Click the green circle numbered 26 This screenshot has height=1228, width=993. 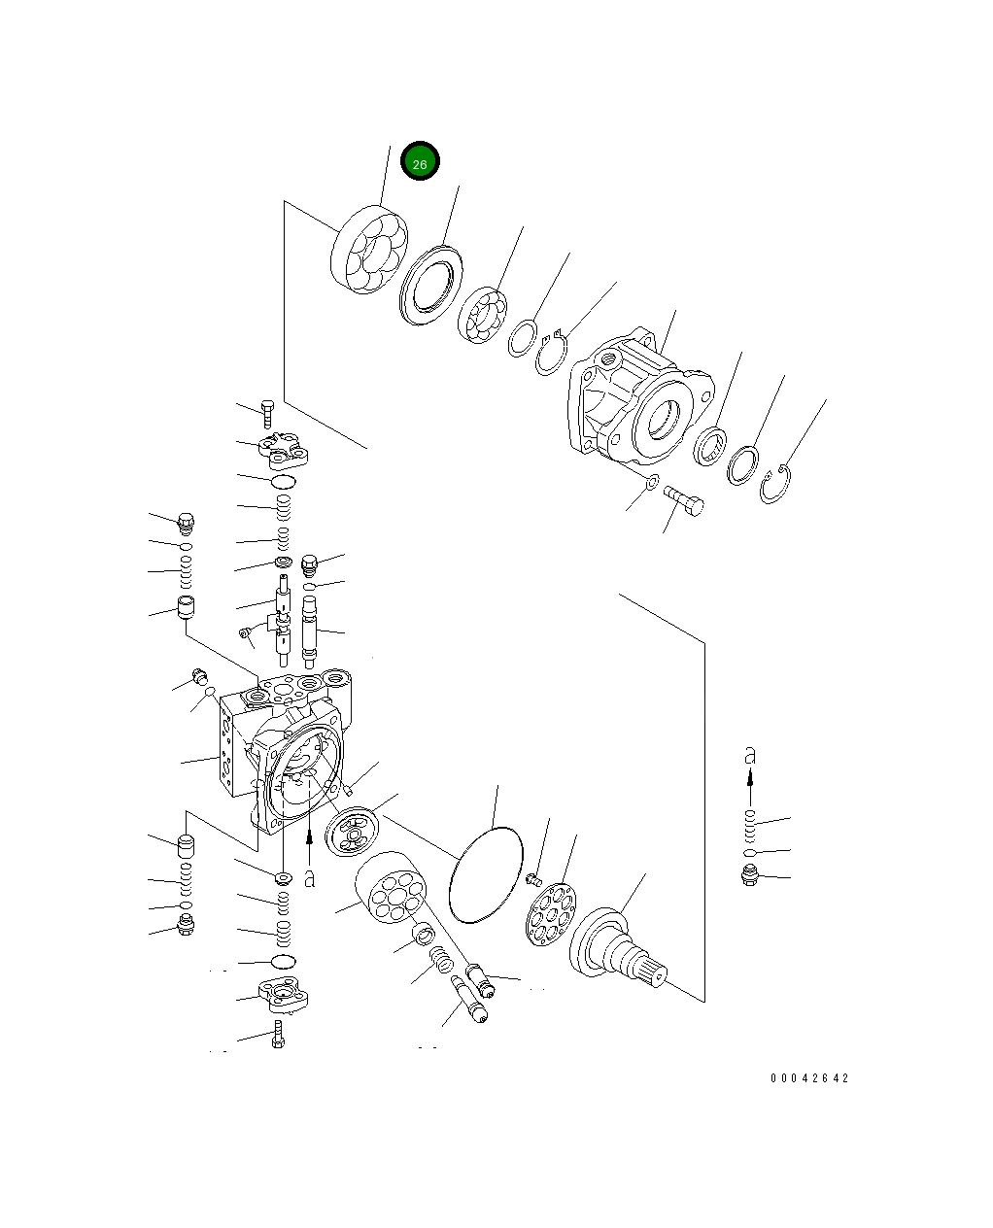click(420, 161)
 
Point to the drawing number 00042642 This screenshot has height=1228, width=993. click(809, 1078)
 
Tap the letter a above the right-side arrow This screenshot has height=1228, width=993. click(750, 755)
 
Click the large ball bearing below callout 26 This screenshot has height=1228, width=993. click(369, 250)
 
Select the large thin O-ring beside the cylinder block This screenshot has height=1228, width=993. click(486, 874)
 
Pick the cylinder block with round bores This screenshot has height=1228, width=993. click(391, 888)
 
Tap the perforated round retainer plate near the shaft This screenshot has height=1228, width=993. click(551, 914)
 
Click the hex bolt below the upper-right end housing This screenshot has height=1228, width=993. click(683, 501)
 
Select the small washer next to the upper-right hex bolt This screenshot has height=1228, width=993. click(652, 482)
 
